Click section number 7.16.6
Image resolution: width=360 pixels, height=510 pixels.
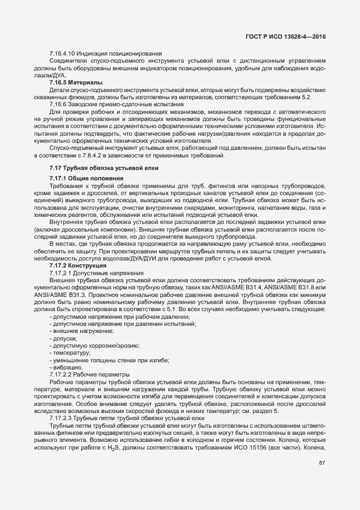pos(59,104)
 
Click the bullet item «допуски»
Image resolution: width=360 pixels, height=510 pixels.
pos(63,338)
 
